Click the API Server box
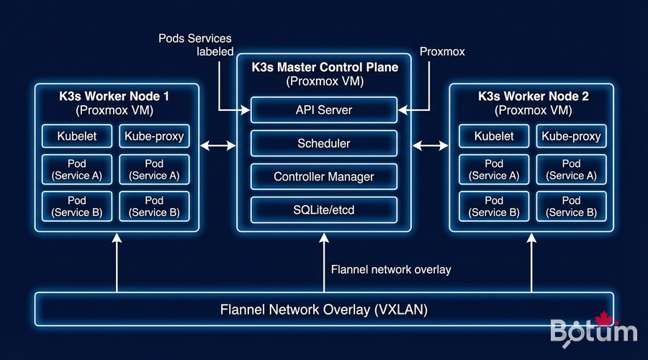click(x=324, y=110)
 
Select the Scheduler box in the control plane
click(x=324, y=143)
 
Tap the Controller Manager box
click(x=324, y=176)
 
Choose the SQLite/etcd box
click(x=324, y=210)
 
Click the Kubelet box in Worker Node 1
click(x=77, y=136)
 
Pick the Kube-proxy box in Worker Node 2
click(x=571, y=136)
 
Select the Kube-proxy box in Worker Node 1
click(x=155, y=136)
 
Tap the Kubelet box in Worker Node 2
click(x=494, y=136)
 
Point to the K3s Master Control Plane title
click(x=325, y=68)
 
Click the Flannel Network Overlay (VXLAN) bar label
click(x=324, y=310)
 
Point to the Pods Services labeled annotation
click(x=195, y=44)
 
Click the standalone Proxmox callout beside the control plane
click(x=443, y=52)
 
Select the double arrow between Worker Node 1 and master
click(x=217, y=146)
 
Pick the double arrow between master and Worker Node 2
click(x=431, y=146)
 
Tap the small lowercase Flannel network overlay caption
click(x=391, y=270)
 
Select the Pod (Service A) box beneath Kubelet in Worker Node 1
click(x=77, y=169)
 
